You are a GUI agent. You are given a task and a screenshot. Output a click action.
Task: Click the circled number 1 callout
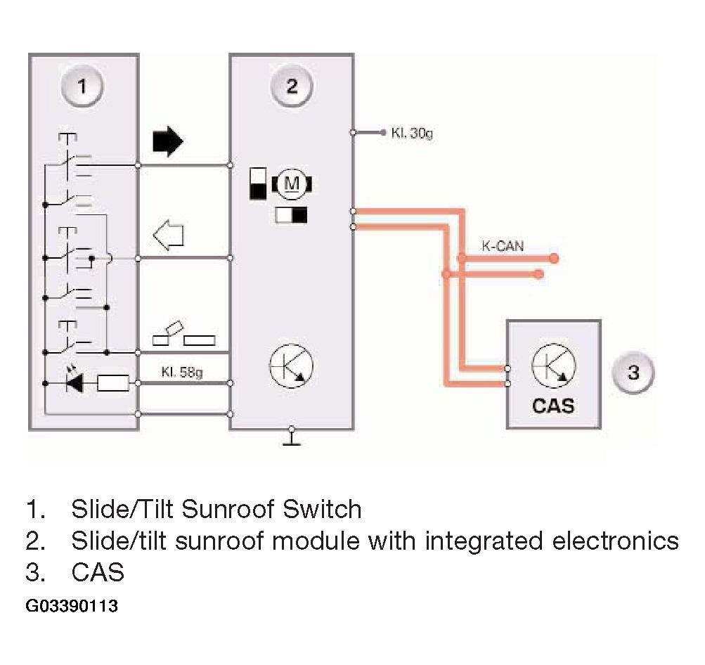click(82, 86)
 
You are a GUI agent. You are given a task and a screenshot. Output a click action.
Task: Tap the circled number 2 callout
click(292, 86)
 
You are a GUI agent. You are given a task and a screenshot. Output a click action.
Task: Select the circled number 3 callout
click(633, 373)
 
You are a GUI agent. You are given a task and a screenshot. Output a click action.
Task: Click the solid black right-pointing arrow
click(168, 141)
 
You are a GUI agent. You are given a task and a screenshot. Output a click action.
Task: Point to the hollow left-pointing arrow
click(169, 235)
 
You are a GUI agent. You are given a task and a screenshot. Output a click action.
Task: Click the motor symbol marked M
click(292, 184)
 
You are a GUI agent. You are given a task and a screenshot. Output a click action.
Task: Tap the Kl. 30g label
click(412, 133)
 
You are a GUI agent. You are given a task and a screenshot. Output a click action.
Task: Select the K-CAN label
click(503, 246)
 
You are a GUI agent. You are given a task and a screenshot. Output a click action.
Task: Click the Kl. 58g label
click(181, 373)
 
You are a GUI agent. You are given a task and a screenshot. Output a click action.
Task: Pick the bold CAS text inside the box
click(553, 406)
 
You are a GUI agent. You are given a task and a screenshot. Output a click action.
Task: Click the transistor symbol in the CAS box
click(553, 366)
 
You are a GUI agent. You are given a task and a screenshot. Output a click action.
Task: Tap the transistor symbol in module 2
click(292, 366)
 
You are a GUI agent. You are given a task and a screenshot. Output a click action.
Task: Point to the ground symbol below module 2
click(292, 437)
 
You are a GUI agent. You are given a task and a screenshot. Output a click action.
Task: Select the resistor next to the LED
click(113, 383)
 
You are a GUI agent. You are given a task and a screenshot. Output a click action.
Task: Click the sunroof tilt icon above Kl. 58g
click(184, 334)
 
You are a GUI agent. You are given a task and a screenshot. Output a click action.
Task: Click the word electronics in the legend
click(616, 541)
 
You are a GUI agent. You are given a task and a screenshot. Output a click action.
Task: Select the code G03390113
click(72, 606)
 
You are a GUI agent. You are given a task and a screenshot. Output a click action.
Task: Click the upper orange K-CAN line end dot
click(554, 258)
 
